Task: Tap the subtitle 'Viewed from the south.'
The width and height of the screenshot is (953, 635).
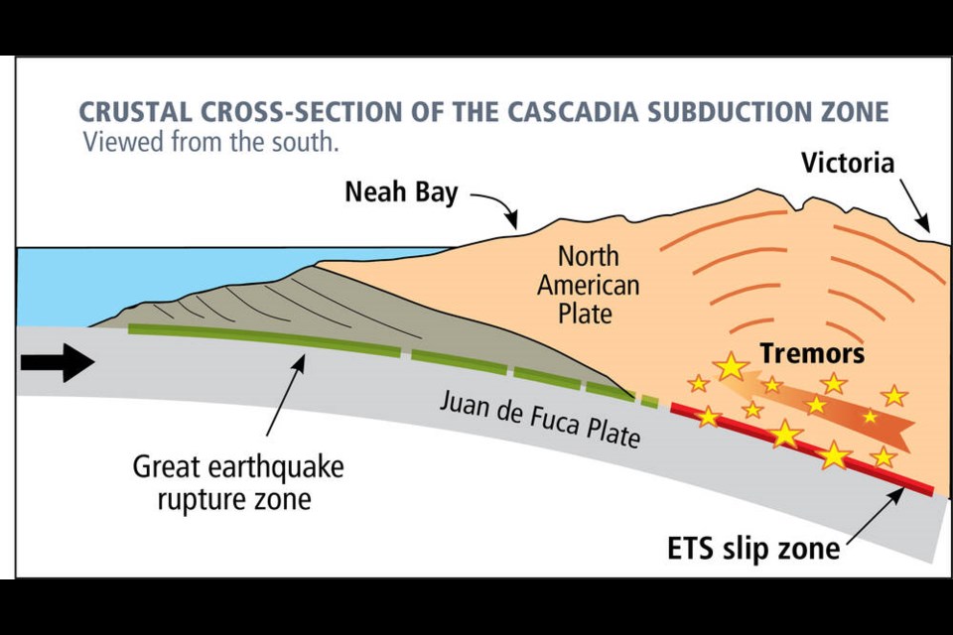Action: click(x=210, y=142)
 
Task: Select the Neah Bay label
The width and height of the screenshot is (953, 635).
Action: click(x=401, y=192)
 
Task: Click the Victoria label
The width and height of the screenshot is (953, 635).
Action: click(x=848, y=163)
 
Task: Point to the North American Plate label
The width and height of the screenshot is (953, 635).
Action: click(x=588, y=285)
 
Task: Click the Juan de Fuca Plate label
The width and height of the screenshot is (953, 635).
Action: click(x=540, y=418)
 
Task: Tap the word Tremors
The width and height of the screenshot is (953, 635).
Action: click(x=812, y=353)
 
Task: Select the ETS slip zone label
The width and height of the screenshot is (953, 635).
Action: click(x=753, y=548)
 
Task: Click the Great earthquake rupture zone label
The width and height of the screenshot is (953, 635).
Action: click(x=238, y=483)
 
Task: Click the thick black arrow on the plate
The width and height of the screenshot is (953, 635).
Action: click(x=58, y=363)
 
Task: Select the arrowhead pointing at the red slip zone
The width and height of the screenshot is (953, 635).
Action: click(x=894, y=495)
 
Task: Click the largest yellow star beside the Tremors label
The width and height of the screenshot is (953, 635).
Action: click(x=731, y=367)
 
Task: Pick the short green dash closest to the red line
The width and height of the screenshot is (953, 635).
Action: click(x=649, y=401)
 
